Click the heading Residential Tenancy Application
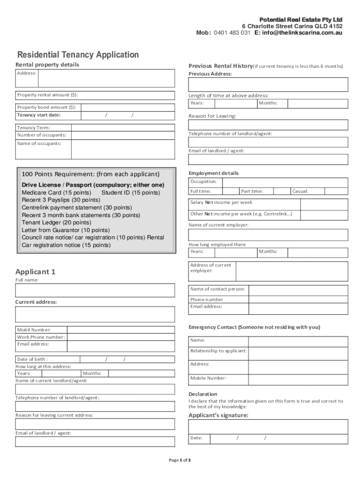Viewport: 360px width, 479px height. click(78, 55)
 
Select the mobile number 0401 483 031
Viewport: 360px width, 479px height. click(232, 33)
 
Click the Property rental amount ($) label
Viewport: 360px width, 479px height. click(48, 95)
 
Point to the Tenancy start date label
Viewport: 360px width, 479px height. click(39, 115)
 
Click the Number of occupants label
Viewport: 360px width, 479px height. click(42, 135)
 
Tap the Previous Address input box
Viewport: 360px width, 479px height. click(268, 85)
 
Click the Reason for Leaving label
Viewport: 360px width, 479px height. click(212, 116)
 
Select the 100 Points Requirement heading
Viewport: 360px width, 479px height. click(91, 174)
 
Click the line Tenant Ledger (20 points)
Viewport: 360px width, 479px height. click(56, 223)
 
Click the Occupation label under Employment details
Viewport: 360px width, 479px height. click(203, 181)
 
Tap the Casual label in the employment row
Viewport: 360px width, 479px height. click(300, 191)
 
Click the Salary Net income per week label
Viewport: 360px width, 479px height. click(221, 203)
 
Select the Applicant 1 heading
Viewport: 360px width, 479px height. click(36, 272)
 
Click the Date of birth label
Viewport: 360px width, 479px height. click(32, 359)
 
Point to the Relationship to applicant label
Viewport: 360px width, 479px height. click(218, 351)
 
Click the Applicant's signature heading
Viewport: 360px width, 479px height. click(218, 415)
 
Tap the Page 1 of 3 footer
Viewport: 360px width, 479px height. click(180, 460)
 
